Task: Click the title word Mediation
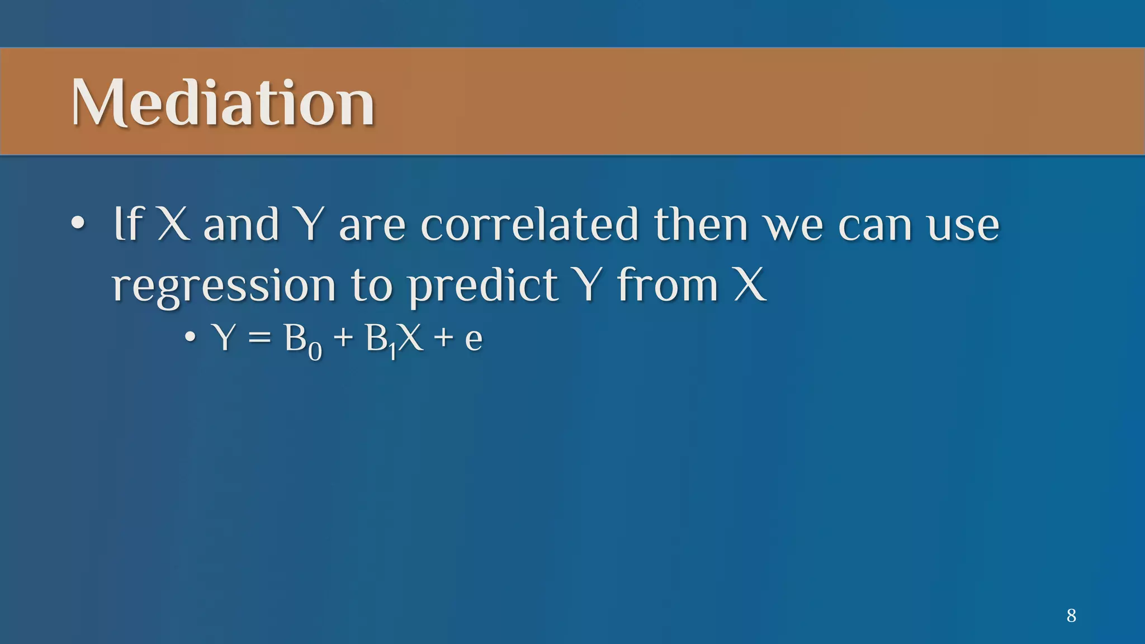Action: point(223,103)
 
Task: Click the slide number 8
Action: point(1071,615)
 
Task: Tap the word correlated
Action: point(529,225)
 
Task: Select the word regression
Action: point(224,287)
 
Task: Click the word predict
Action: point(482,287)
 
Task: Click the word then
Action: point(701,225)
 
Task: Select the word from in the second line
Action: point(668,286)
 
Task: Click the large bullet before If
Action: point(78,224)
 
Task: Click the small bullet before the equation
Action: point(191,338)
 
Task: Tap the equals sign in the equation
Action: point(259,339)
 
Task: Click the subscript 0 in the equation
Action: point(315,352)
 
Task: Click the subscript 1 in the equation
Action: point(392,352)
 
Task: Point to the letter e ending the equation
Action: point(474,340)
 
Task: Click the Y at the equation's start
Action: point(225,338)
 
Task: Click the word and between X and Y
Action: point(241,225)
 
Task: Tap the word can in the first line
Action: point(875,226)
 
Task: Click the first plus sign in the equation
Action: point(343,339)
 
